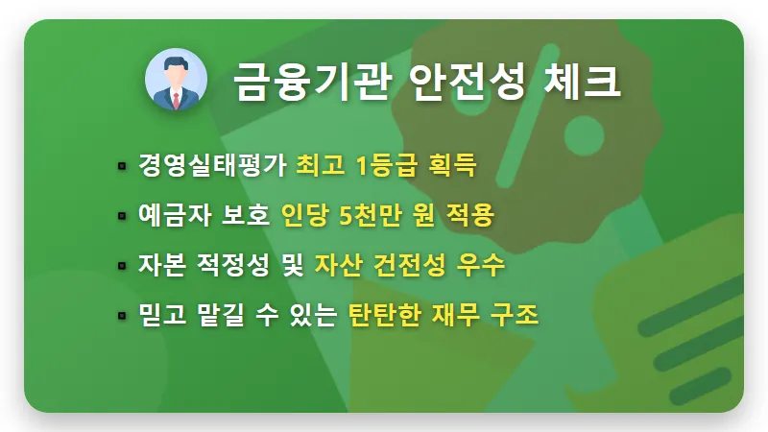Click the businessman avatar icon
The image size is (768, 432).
(177, 81)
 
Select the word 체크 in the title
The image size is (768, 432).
(585, 82)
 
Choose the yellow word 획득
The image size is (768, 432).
(450, 166)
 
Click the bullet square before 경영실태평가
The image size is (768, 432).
(122, 167)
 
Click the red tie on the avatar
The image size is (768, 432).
(177, 98)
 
